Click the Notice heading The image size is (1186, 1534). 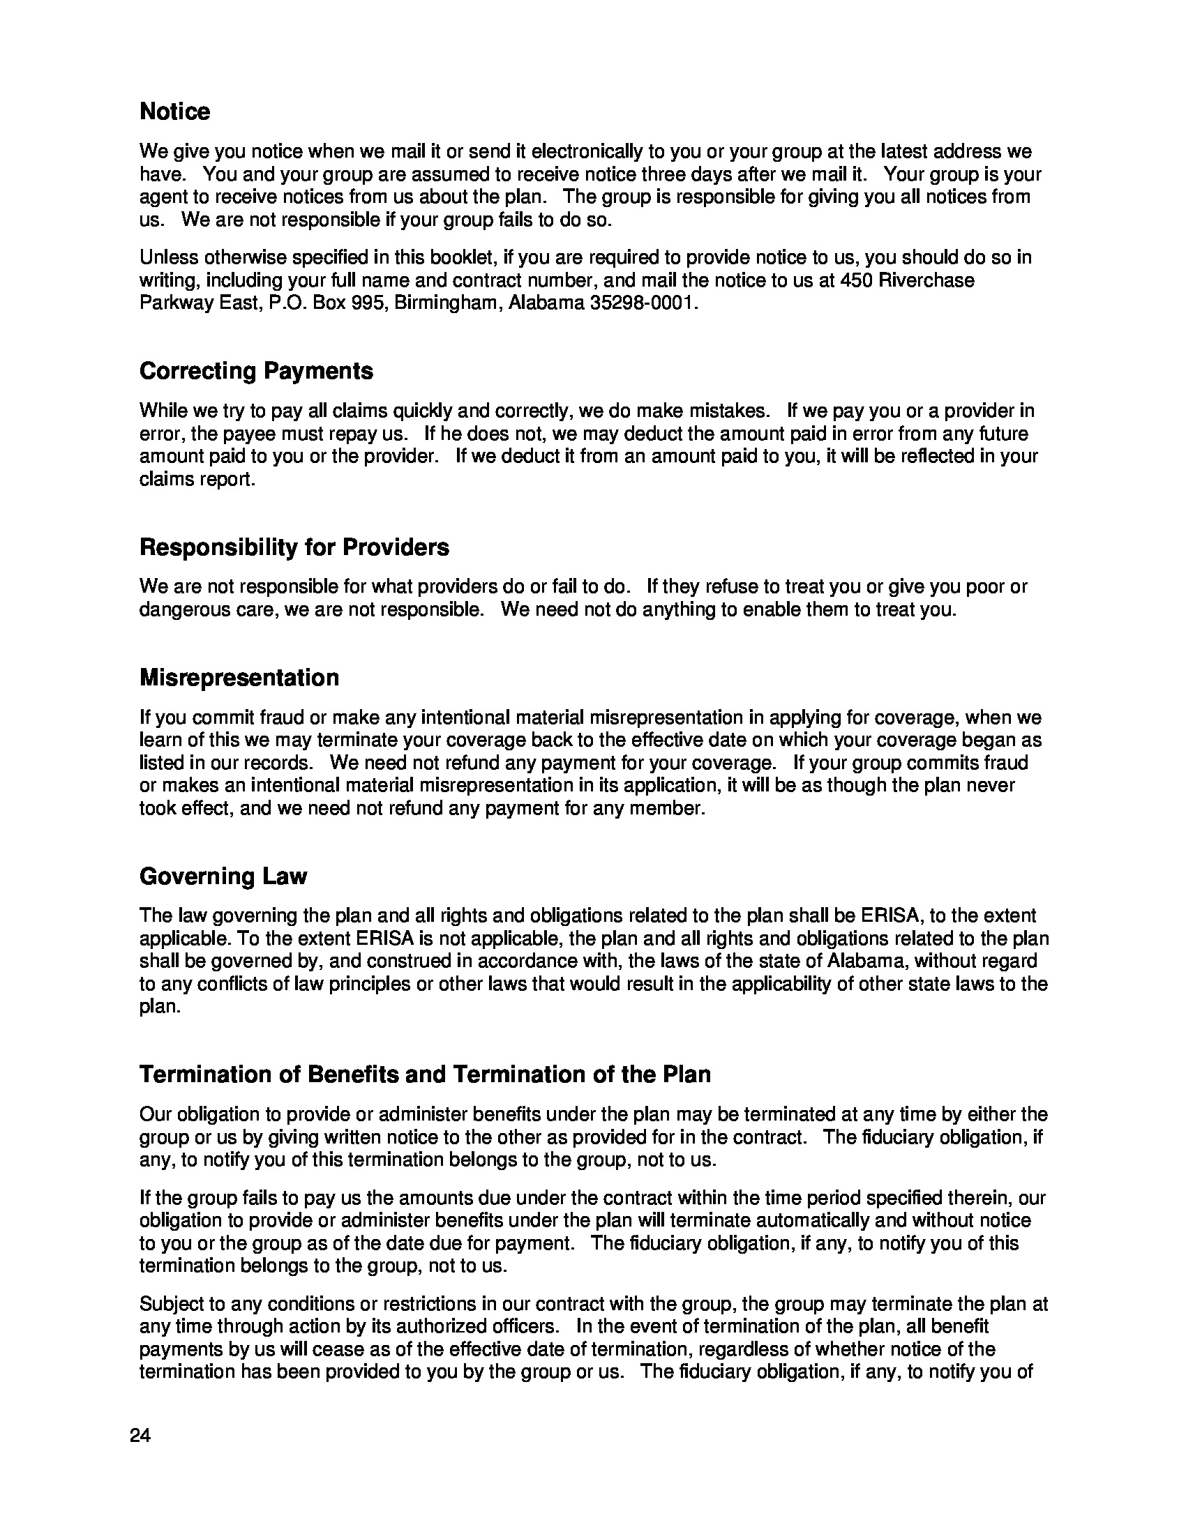[174, 112]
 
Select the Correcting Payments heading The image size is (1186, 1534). [256, 371]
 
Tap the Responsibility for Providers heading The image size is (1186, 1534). [294, 547]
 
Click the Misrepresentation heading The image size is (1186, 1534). [239, 678]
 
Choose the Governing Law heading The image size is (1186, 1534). [223, 876]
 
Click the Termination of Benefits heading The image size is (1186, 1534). [424, 1074]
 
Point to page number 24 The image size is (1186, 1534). [140, 1436]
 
